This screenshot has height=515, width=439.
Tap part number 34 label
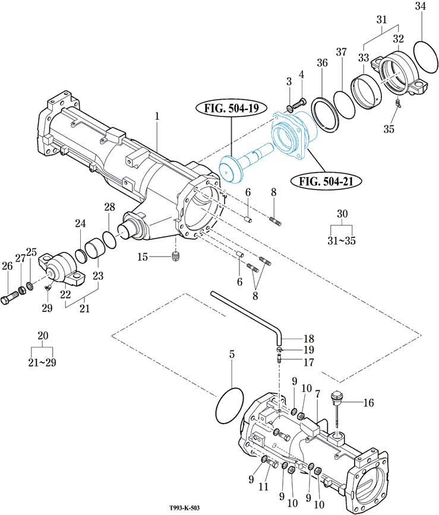click(x=421, y=7)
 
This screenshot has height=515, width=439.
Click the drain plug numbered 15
click(x=175, y=257)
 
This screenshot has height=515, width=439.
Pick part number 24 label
click(x=80, y=223)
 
